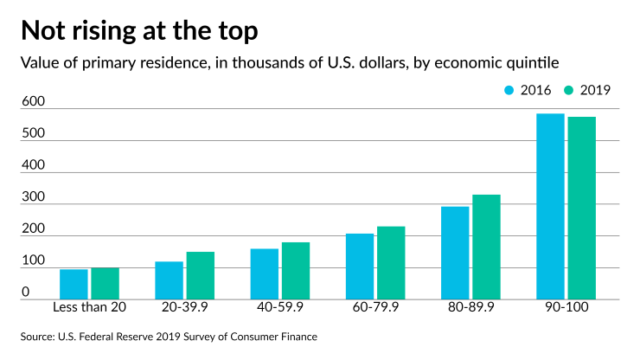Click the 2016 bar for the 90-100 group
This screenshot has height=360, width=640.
pos(550,206)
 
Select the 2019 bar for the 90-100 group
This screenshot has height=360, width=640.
pos(582,208)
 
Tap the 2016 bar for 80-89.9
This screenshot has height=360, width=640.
pos(455,253)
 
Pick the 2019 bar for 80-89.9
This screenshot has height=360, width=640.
pos(486,247)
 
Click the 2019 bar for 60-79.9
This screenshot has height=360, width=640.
pos(391,263)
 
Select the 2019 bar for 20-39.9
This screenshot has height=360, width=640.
pos(200,276)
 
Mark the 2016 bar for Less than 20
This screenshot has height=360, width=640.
pos(74,285)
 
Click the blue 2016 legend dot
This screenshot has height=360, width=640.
pos(509,89)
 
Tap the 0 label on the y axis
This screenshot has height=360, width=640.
pos(28,292)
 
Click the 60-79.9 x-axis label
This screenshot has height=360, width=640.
pos(374,309)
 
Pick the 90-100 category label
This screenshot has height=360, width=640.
pos(566,309)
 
